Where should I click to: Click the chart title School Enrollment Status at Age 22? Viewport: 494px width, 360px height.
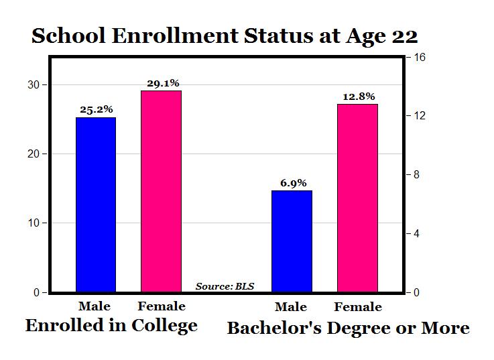click(224, 36)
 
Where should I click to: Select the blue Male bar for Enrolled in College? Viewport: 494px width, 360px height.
click(96, 204)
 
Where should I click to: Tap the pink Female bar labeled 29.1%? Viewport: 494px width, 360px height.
click(161, 191)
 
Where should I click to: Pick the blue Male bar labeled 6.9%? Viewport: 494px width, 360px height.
click(292, 241)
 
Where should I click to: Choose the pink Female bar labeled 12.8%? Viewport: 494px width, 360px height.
click(357, 198)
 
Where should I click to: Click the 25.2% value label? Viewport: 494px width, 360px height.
click(96, 109)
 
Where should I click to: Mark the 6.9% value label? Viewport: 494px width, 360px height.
click(292, 182)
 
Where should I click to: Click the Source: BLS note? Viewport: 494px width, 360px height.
click(225, 286)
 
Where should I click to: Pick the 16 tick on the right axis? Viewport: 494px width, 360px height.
click(420, 57)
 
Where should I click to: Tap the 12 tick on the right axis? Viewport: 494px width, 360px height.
click(420, 116)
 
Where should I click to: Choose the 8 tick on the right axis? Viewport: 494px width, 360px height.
click(419, 175)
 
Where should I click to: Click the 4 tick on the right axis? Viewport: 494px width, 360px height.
click(419, 234)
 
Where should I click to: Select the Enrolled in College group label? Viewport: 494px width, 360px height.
click(111, 326)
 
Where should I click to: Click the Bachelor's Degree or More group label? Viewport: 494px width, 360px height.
click(348, 328)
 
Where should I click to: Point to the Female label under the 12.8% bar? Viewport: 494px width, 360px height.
click(357, 307)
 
